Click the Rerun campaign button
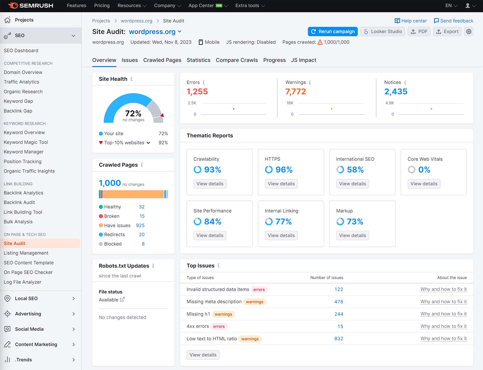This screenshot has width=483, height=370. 333,31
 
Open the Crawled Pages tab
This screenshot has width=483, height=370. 162,60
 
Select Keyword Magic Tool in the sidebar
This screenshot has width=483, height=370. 26,142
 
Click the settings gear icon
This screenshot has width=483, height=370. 469,31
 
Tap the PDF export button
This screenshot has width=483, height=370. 419,31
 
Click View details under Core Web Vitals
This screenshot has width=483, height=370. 424,184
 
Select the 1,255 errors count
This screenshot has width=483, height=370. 197,92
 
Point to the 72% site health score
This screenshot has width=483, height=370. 133,114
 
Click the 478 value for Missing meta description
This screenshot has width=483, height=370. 339,302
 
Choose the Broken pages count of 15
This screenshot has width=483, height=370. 142,216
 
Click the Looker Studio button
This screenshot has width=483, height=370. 383,31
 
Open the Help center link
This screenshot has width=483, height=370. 411,21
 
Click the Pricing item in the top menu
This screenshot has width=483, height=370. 102,6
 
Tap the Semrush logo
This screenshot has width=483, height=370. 31,6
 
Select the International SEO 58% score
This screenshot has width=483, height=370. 355,170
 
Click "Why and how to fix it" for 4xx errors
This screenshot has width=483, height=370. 443,326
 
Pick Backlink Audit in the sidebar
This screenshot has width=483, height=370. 19,202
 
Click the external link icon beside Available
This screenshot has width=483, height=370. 122,299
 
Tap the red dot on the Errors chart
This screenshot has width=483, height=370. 234,109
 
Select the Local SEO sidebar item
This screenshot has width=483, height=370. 26,299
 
